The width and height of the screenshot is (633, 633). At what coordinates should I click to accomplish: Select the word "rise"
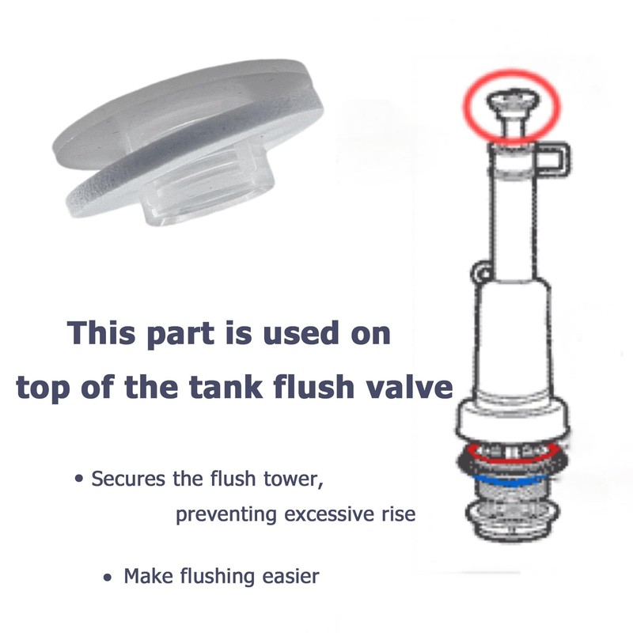[x=396, y=515]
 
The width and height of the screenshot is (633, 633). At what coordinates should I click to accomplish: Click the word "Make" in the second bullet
[x=144, y=576]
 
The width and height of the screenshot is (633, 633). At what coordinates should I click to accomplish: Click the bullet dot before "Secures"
[x=79, y=480]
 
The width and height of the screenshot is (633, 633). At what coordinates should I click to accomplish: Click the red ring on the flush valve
[x=514, y=453]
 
